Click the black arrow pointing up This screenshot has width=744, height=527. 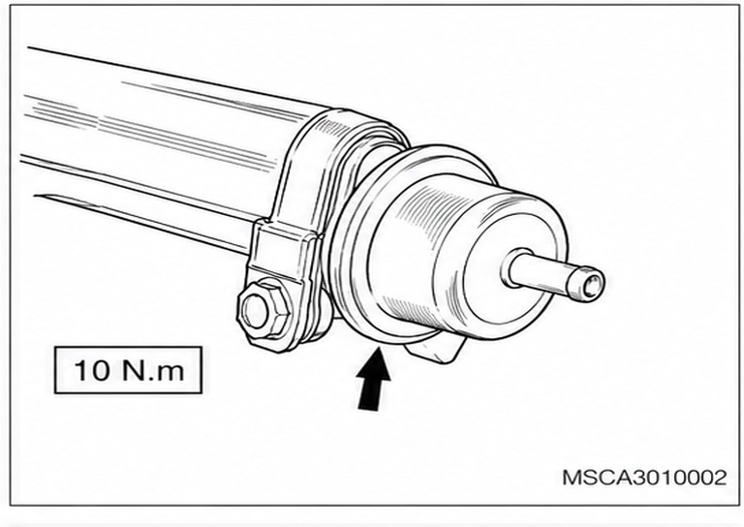(374, 379)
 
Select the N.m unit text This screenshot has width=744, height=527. (153, 370)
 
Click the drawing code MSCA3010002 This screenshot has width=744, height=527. (644, 478)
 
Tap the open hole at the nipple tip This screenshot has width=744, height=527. (592, 287)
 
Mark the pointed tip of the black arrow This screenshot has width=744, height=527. (378, 349)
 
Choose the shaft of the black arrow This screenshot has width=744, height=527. (371, 393)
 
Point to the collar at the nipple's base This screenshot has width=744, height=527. (514, 268)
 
